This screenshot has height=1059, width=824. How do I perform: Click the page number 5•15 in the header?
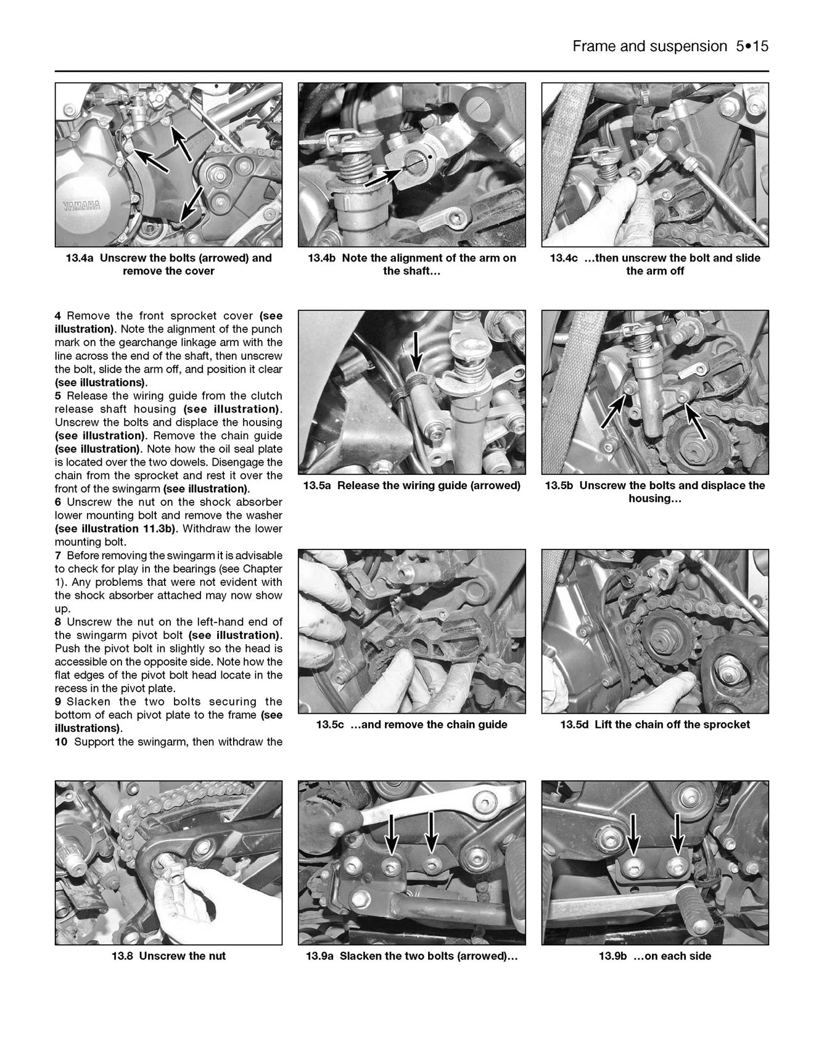tap(752, 46)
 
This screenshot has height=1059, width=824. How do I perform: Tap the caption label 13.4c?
tap(564, 258)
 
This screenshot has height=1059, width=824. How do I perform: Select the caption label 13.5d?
tap(574, 724)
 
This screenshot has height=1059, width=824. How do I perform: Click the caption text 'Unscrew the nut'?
tap(183, 956)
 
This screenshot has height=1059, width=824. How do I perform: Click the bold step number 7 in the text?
tap(58, 555)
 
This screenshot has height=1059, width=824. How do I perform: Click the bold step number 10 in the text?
tap(61, 741)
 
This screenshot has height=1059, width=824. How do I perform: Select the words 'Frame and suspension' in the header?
tap(649, 46)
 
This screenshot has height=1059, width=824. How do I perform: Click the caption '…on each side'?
tap(672, 956)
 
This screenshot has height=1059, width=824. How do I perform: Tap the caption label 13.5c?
tap(330, 724)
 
